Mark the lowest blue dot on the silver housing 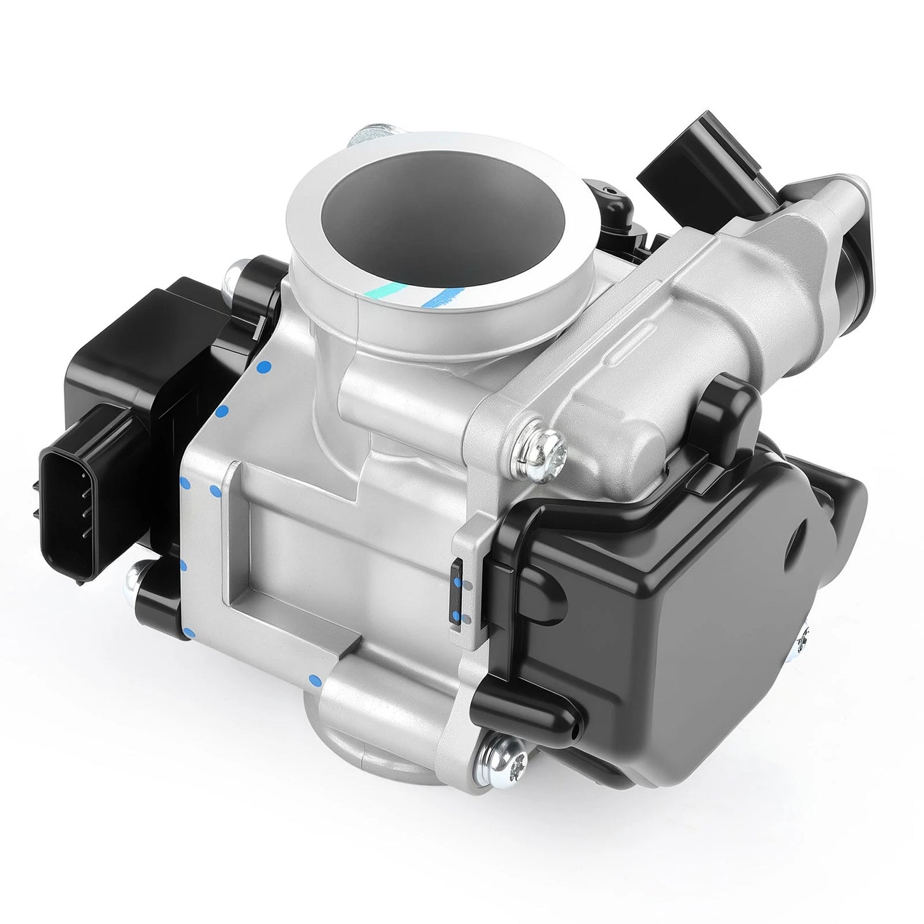pos(313,678)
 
